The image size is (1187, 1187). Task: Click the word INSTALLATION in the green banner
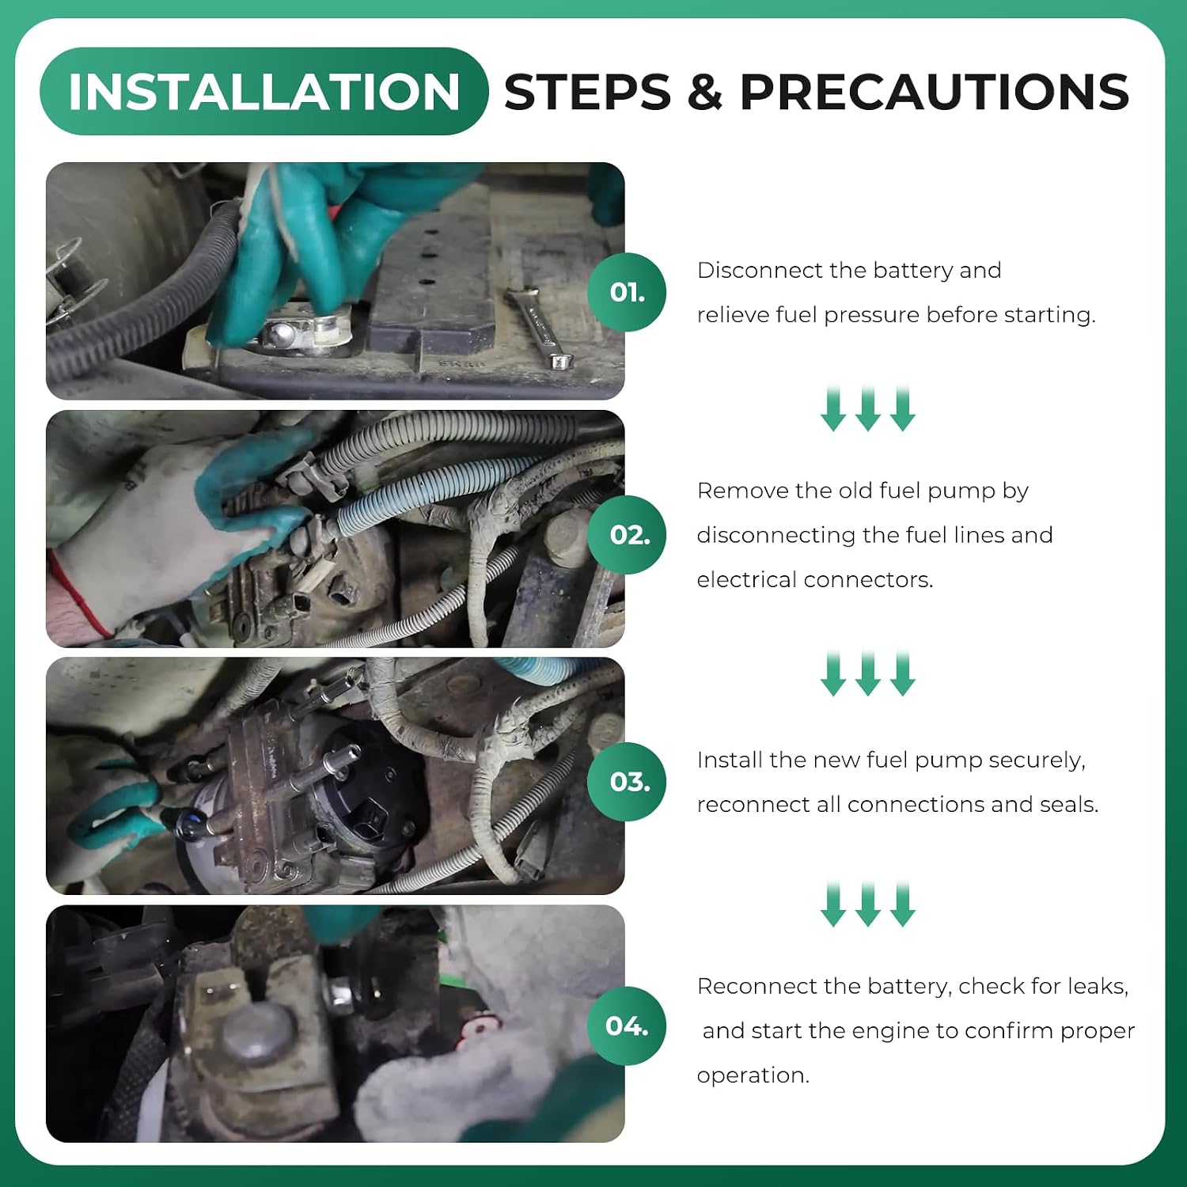[264, 92]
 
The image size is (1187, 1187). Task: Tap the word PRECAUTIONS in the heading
[934, 92]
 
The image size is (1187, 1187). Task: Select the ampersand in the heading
[705, 92]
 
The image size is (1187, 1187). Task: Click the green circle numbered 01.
[627, 292]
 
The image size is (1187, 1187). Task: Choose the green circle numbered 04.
[627, 1026]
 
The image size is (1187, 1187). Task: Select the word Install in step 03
[730, 760]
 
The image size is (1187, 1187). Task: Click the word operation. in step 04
[753, 1076]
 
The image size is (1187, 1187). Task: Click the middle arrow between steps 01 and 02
[868, 409]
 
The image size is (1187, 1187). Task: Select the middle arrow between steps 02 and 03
[868, 673]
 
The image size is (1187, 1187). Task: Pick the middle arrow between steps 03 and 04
[868, 904]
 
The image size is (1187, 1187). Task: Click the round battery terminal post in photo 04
[258, 1033]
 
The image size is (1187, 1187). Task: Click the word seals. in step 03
[1069, 804]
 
